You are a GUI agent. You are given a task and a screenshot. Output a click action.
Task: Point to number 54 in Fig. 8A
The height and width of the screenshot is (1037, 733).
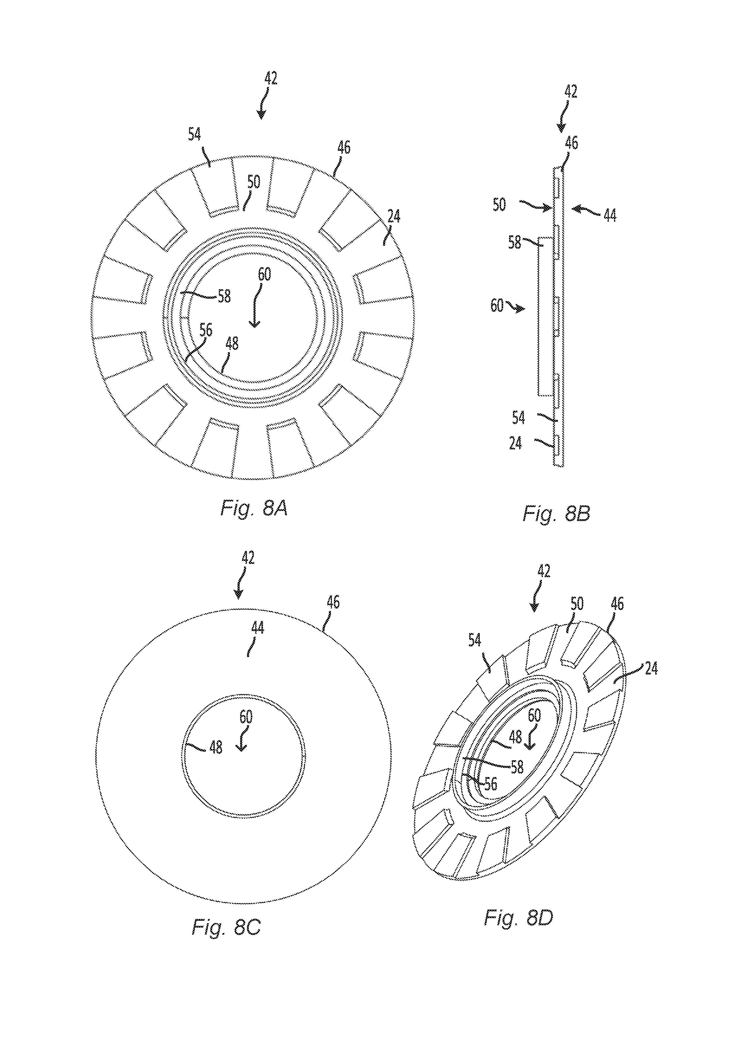click(x=194, y=135)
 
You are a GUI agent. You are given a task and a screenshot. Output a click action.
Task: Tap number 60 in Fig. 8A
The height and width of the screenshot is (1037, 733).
click(x=264, y=274)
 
